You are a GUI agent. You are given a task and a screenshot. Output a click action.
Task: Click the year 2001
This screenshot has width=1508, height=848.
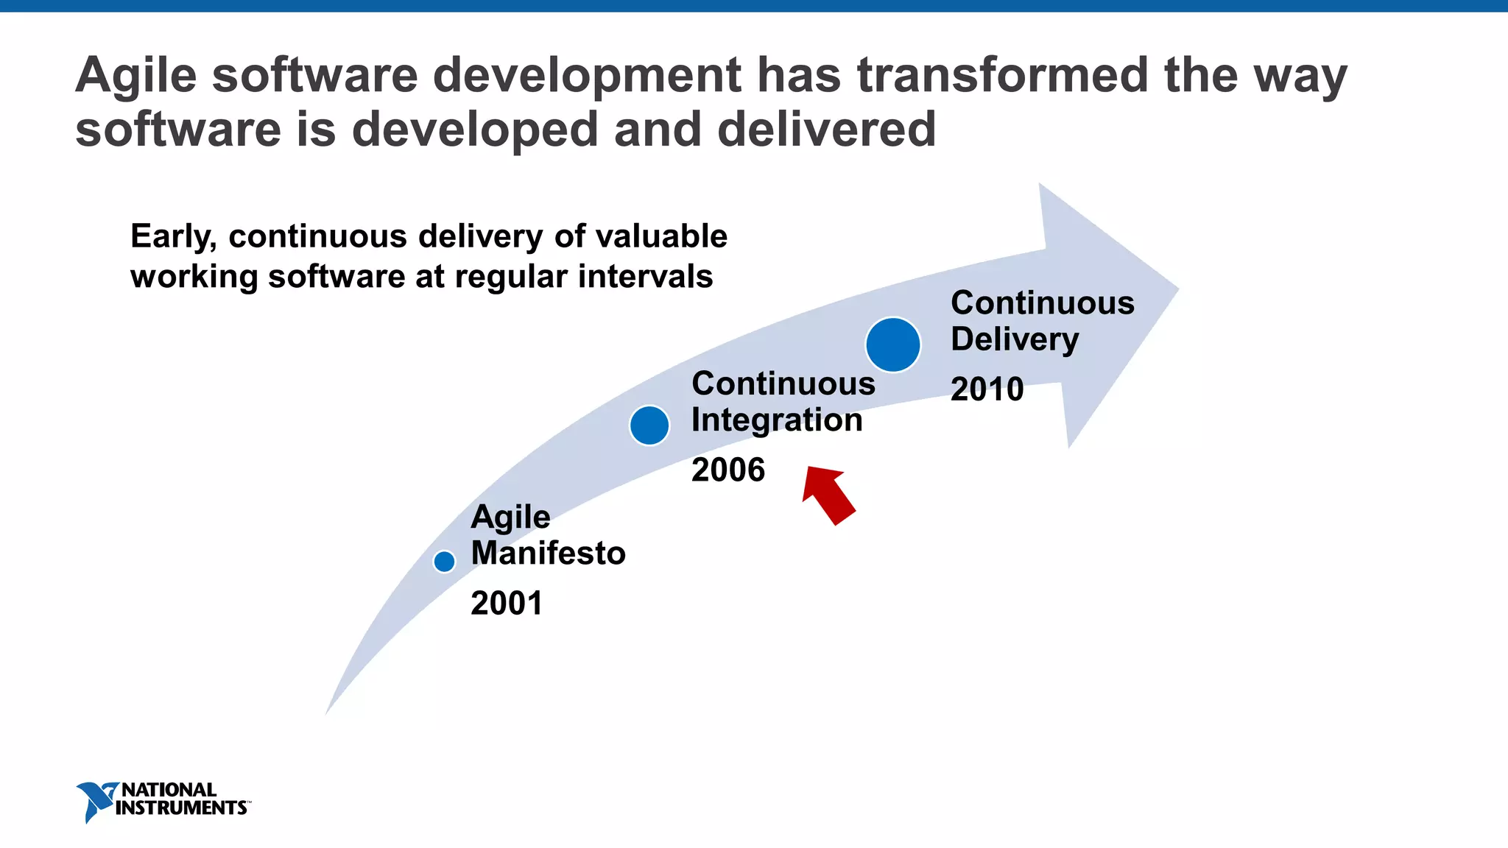[507, 604]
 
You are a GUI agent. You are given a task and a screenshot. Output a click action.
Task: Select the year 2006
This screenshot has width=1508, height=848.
[728, 470]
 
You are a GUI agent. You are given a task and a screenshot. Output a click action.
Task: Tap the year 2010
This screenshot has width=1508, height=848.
[987, 389]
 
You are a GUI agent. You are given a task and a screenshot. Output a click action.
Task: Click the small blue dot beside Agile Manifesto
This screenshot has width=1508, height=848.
[444, 562]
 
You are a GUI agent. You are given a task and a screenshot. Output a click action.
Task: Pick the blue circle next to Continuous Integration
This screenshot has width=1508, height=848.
[649, 425]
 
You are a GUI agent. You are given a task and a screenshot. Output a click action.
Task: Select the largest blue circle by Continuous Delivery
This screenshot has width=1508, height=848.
[892, 344]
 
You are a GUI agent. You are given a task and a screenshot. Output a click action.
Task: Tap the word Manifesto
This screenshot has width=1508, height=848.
[548, 554]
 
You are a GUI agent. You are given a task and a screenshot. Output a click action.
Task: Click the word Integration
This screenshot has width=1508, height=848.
[777, 420]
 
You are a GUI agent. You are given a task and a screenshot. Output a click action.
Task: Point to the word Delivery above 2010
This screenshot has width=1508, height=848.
[1014, 340]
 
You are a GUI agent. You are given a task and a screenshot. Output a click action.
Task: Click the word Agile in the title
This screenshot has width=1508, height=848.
[136, 76]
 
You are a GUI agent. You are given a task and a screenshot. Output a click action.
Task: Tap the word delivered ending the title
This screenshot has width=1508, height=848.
[826, 130]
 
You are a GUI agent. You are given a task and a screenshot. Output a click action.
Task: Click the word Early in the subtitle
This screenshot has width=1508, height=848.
[173, 237]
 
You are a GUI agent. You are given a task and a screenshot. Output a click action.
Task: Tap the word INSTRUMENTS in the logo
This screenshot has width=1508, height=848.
[181, 808]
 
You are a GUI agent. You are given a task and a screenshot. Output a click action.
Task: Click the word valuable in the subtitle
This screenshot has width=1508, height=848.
[661, 237]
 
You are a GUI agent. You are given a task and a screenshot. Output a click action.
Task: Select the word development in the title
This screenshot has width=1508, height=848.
[587, 76]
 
